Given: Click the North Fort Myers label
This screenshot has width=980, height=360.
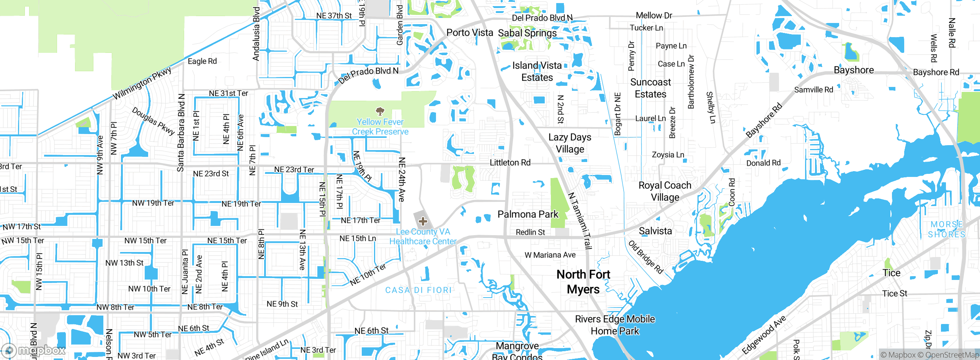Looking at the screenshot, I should click(x=583, y=282).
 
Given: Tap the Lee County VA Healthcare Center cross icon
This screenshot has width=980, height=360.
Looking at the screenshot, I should click(x=423, y=221).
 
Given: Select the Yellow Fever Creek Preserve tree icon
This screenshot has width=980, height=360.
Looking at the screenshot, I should click(x=380, y=111).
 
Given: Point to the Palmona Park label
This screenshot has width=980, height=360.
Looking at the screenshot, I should click(x=528, y=214).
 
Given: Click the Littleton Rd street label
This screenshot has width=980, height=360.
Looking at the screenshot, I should click(x=510, y=163).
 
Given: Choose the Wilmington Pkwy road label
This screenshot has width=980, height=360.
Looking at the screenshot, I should click(x=142, y=83).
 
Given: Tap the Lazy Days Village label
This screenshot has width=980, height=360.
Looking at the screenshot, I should click(x=570, y=143).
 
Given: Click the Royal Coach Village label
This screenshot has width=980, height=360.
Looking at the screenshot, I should click(x=665, y=191).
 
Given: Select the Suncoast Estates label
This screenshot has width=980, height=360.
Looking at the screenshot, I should click(x=650, y=88).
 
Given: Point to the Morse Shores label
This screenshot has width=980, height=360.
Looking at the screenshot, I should click(x=947, y=229).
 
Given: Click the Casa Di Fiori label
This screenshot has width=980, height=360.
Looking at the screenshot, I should click(x=418, y=290).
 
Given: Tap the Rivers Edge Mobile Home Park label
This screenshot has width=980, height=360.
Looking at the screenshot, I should click(x=615, y=325).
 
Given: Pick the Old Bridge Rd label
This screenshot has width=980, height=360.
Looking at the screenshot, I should click(x=645, y=257).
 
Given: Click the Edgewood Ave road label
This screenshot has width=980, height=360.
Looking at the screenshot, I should click(x=764, y=335).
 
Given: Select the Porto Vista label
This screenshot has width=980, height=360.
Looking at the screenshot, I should click(x=470, y=33).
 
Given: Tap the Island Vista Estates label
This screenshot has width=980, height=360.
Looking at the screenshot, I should click(x=537, y=72).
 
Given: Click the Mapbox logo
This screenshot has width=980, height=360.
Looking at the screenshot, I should click(x=34, y=350).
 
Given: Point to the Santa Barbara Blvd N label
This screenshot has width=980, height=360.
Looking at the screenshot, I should click(x=181, y=133).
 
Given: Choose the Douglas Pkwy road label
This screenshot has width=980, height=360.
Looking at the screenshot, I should click(x=153, y=121).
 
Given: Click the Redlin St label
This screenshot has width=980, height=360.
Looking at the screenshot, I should click(x=530, y=232).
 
